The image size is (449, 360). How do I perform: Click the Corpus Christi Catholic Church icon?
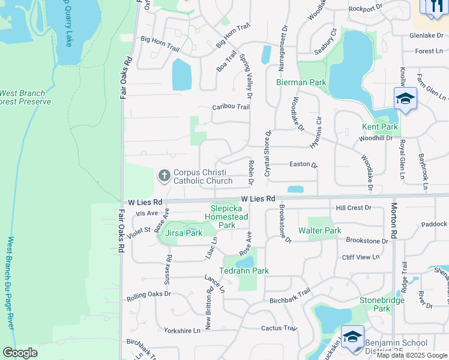click(x=164, y=176)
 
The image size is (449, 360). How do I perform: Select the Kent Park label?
click(x=380, y=127)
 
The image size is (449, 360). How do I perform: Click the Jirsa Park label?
click(x=184, y=233)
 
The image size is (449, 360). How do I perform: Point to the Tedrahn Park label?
click(x=246, y=271)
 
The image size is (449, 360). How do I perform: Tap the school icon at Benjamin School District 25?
click(x=352, y=336)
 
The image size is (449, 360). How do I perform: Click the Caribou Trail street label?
click(x=231, y=107)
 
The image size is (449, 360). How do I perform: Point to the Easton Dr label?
click(x=303, y=164)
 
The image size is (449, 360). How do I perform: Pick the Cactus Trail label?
click(x=279, y=328)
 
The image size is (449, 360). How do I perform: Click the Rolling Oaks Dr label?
click(x=149, y=296)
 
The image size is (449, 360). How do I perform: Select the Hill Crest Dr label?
click(x=354, y=208)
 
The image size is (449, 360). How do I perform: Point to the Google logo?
click(x=20, y=353)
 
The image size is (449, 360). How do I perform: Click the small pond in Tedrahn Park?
click(x=246, y=262)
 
